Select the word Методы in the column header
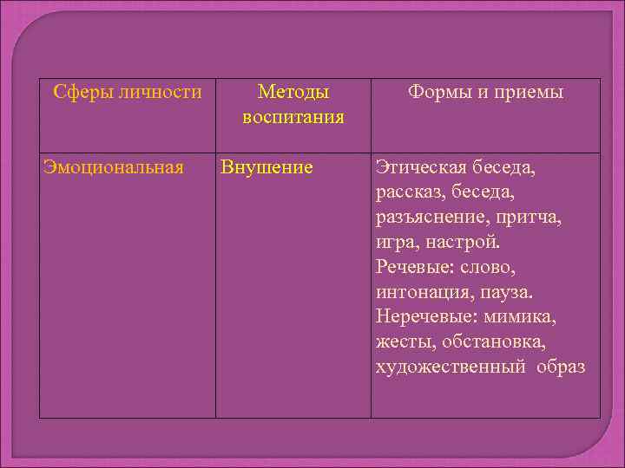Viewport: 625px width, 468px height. tap(293, 92)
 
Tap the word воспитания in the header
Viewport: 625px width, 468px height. tap(293, 116)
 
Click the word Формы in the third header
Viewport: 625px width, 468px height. tap(436, 92)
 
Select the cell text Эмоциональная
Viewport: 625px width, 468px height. tap(114, 166)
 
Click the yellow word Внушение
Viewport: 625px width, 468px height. tap(266, 166)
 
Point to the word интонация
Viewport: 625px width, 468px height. tap(418, 291)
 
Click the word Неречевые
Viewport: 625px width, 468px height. tap(423, 316)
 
